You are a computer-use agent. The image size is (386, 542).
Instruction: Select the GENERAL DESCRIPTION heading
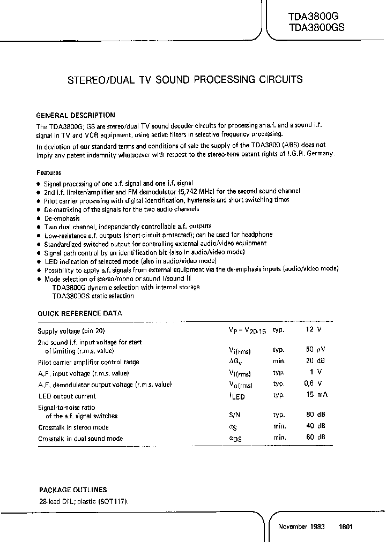click(x=75, y=115)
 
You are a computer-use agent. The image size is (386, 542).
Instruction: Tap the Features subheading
click(x=49, y=173)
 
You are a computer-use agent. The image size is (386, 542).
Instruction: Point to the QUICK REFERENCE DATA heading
click(x=80, y=313)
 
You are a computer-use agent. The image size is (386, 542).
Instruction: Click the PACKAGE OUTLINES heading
click(x=73, y=490)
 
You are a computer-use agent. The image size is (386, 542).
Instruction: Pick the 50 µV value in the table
click(x=313, y=349)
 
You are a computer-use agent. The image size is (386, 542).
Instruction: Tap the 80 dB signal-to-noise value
click(x=314, y=415)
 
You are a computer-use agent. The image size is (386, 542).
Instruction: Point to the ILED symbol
click(x=236, y=396)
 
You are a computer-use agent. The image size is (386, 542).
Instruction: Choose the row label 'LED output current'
click(x=67, y=396)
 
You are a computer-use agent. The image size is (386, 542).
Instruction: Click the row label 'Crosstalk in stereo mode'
click(x=73, y=427)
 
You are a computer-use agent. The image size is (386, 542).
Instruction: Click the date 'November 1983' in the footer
click(x=301, y=526)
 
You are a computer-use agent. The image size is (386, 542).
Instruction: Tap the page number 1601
click(x=346, y=526)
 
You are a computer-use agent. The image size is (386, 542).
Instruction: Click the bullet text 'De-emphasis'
click(x=62, y=218)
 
